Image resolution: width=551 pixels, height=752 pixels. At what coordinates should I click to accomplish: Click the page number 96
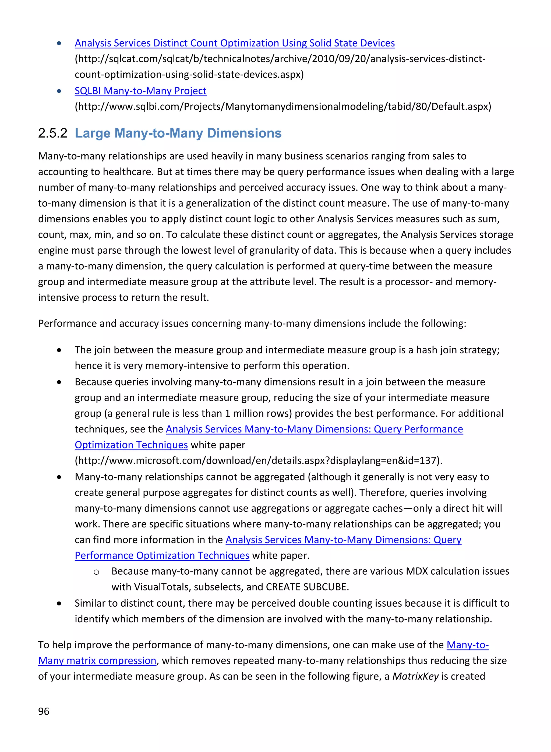(44, 711)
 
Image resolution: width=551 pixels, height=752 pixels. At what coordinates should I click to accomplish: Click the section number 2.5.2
(53, 133)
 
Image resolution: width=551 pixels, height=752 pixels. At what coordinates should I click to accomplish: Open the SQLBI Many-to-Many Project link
(140, 91)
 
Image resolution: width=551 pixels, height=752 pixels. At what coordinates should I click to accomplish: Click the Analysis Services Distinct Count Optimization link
(235, 43)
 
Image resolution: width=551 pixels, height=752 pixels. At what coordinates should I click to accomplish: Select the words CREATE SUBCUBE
(307, 587)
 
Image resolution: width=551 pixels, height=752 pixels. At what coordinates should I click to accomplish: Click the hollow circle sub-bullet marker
(96, 572)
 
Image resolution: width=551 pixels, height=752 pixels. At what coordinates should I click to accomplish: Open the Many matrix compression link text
(97, 660)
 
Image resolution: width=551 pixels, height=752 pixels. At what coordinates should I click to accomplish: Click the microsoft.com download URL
(258, 461)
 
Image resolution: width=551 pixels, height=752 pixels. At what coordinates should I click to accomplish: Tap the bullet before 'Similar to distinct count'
(59, 603)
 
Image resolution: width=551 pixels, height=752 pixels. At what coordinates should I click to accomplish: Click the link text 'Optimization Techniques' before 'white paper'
(131, 445)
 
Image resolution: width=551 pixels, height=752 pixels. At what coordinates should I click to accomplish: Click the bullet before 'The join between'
(59, 350)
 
